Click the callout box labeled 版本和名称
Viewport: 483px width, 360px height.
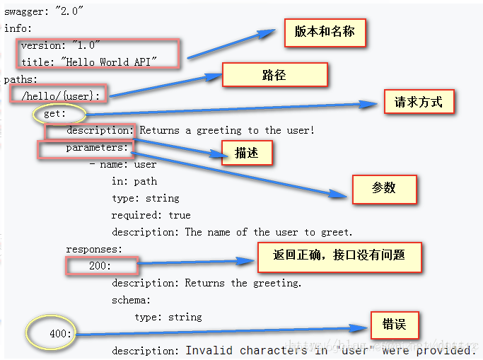[325, 33]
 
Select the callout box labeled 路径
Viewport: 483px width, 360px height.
[274, 75]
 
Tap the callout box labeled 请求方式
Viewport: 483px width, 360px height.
[419, 102]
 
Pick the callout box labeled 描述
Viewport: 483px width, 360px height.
[246, 153]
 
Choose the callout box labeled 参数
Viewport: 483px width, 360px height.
[384, 188]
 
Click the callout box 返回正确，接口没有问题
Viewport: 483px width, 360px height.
[339, 256]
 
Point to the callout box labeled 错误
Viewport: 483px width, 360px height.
[395, 325]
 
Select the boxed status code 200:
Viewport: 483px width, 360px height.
[100, 266]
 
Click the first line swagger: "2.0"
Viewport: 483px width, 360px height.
[44, 11]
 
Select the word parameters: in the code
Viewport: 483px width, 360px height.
[98, 147]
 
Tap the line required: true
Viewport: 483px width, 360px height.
[151, 215]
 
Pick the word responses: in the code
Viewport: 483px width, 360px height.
[94, 249]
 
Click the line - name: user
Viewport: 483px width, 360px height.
[123, 164]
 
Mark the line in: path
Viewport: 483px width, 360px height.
[134, 181]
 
